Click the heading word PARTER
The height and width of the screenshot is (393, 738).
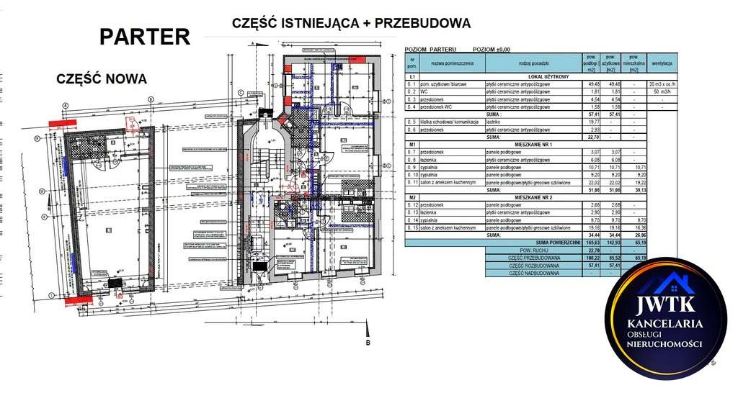145,37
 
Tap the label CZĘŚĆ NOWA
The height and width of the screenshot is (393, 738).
102,78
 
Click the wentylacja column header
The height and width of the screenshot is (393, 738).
661,64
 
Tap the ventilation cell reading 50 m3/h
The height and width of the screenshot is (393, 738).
661,92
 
